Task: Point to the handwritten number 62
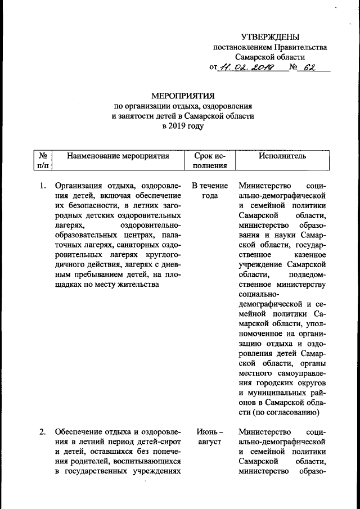(x=309, y=68)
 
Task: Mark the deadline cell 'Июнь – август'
(x=210, y=437)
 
